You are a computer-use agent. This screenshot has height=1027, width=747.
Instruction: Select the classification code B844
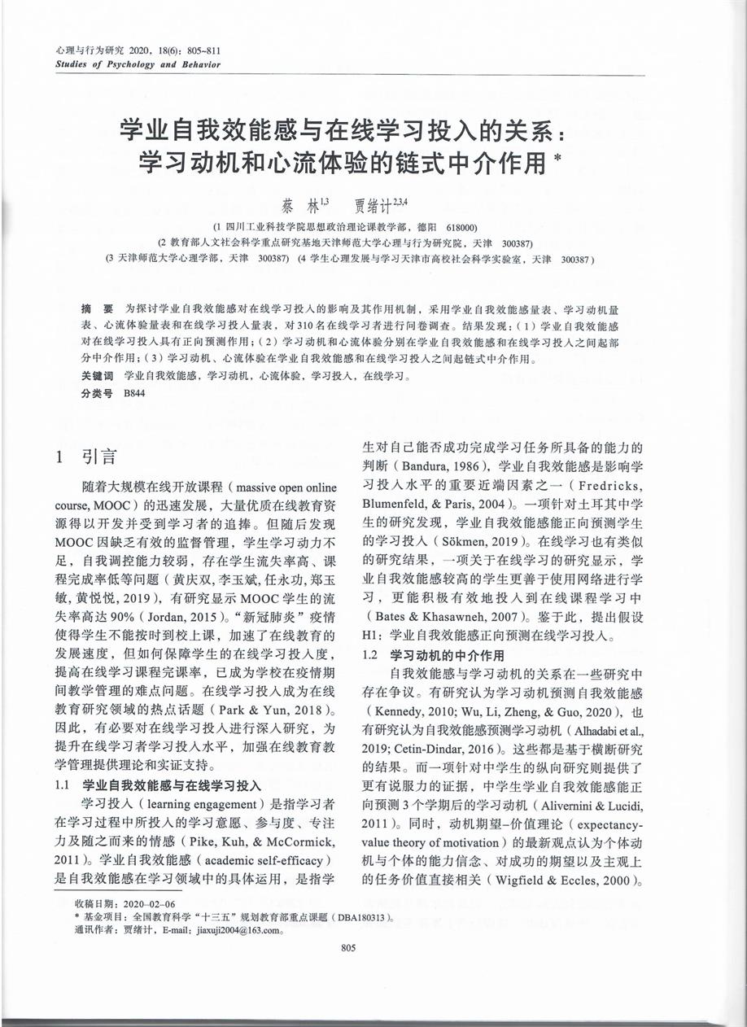[132, 392]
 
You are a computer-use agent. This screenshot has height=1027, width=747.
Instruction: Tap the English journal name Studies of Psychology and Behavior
[138, 64]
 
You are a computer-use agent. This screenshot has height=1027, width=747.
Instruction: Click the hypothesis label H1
[371, 636]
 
